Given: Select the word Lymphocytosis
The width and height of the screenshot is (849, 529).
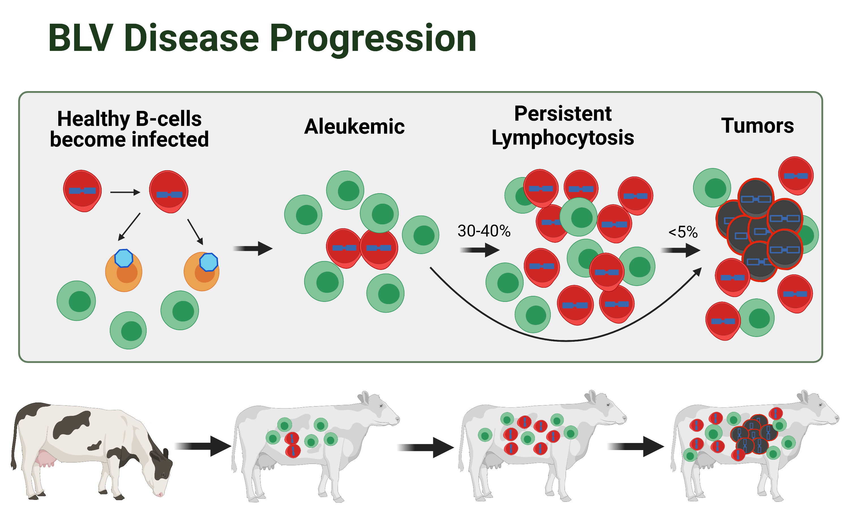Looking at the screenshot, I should (562, 137).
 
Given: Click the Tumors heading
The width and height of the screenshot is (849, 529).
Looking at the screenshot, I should (757, 125).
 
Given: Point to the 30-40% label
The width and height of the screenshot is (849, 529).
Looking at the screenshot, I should (484, 231).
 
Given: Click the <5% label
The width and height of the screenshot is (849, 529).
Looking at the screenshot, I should (683, 232).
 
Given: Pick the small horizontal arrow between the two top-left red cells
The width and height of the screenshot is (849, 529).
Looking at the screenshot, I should (125, 192).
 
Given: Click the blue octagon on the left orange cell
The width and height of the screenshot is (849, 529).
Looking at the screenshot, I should (124, 258).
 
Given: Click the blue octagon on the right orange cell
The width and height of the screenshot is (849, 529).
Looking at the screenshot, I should (209, 262).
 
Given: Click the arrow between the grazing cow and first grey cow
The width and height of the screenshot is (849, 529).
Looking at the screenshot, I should (203, 446).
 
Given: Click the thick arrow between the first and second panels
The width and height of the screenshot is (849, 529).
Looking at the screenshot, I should (253, 248).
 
